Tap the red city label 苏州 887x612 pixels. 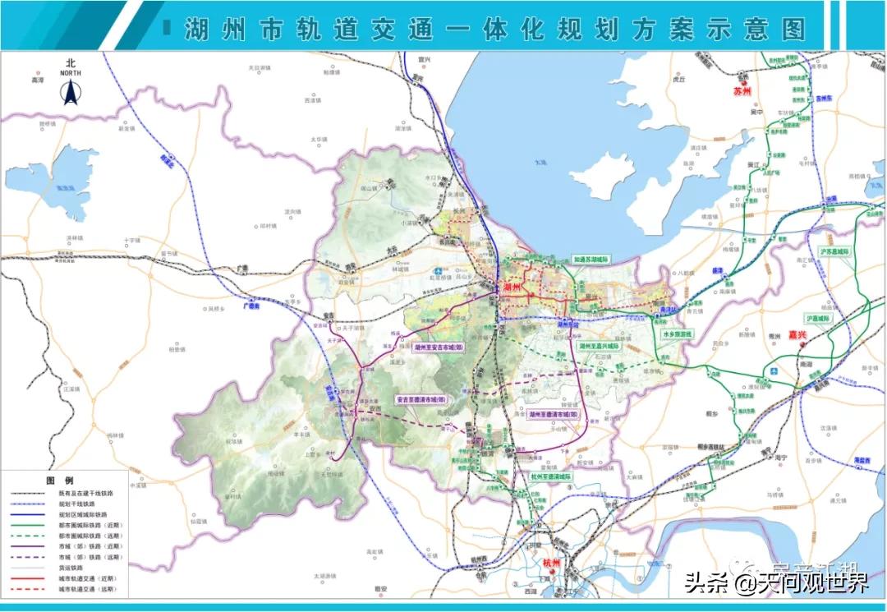[x=742, y=92]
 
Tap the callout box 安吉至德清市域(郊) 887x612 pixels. [x=421, y=400]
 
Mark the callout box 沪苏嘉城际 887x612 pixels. [x=837, y=251]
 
